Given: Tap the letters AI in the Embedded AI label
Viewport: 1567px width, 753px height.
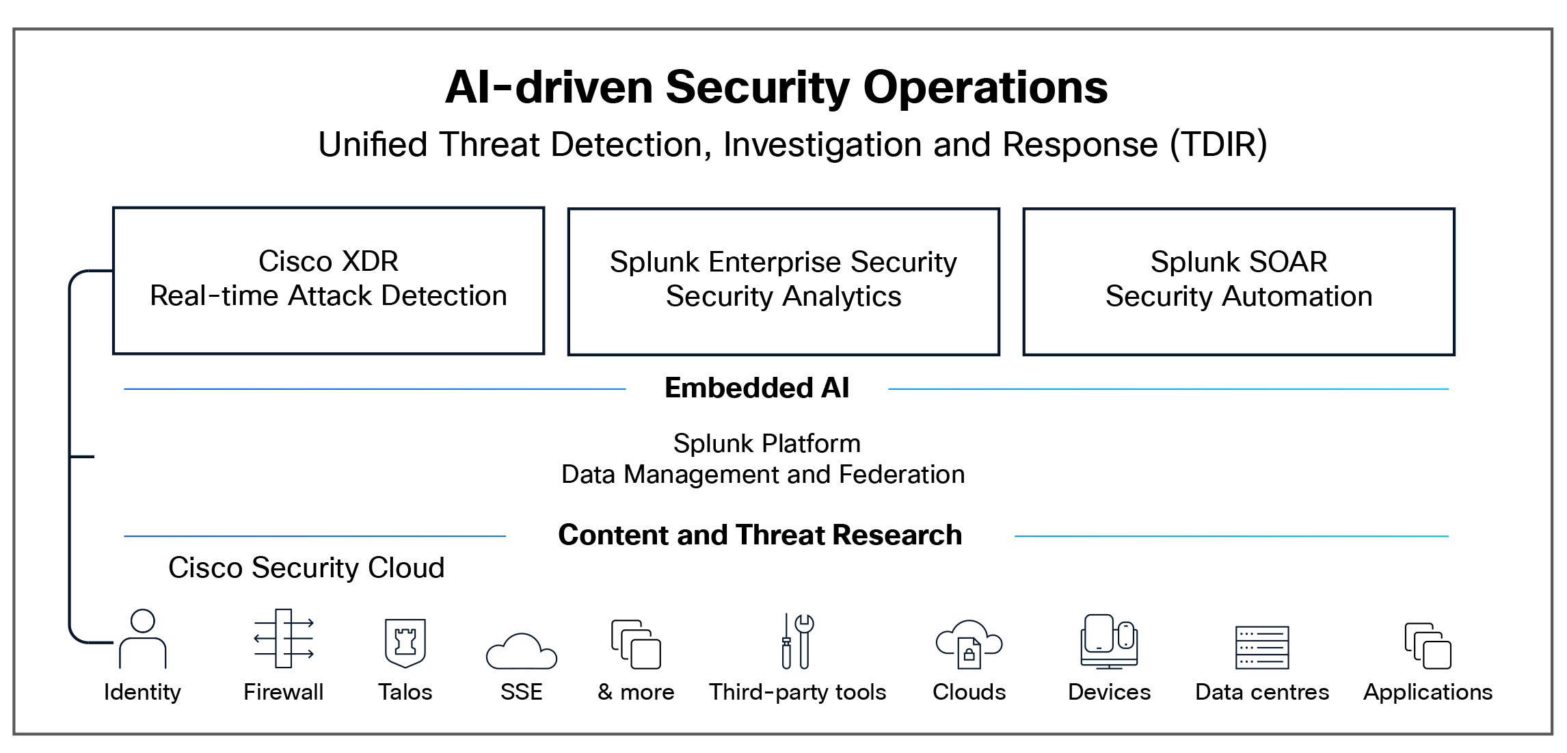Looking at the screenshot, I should [835, 388].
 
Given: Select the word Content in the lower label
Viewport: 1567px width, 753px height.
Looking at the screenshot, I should [613, 536].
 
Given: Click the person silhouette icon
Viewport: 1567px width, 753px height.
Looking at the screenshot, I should [143, 639].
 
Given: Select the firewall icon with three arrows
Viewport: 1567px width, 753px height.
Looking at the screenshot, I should [284, 639].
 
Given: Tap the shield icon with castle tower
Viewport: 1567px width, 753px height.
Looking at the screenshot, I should [405, 643].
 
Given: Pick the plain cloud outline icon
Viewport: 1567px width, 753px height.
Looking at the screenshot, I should [522, 652].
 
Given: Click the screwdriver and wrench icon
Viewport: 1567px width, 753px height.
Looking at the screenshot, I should [796, 641].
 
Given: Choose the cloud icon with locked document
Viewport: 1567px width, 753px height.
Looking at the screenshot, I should [969, 644].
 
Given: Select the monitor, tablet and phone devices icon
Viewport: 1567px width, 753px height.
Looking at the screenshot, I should [1109, 642].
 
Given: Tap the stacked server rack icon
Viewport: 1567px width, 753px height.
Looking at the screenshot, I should [1262, 648].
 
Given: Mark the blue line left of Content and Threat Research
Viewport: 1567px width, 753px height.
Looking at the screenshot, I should [314, 536].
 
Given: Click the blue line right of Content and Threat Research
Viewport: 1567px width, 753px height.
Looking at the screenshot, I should [1231, 536].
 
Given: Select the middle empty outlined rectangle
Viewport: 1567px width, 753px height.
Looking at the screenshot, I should [783, 282].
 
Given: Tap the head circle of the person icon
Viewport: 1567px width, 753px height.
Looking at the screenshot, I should [143, 621].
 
